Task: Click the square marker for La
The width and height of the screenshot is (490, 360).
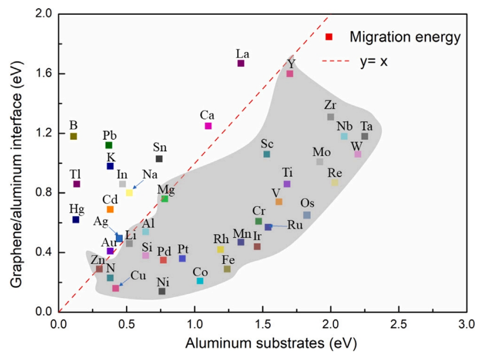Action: coord(241,63)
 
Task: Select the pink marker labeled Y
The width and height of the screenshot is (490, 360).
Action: coord(290,73)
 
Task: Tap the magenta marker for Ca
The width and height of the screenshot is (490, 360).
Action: coord(208,126)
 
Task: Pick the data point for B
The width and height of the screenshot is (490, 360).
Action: coord(73,136)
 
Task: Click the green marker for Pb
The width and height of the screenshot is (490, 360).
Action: coord(109,145)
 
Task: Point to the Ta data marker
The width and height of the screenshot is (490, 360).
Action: coord(365,136)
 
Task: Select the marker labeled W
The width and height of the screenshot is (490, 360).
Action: coord(358,154)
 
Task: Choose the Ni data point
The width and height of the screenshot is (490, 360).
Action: coord(162,291)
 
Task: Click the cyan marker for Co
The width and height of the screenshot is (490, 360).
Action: coord(200,281)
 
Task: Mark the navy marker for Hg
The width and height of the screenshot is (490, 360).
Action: coord(76,219)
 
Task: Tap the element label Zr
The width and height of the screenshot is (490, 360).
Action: coord(330,105)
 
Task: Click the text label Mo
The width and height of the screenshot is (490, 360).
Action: coord(321,151)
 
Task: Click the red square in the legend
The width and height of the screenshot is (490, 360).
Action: coord(329,37)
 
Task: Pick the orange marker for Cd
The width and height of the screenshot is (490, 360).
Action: coord(110,209)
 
